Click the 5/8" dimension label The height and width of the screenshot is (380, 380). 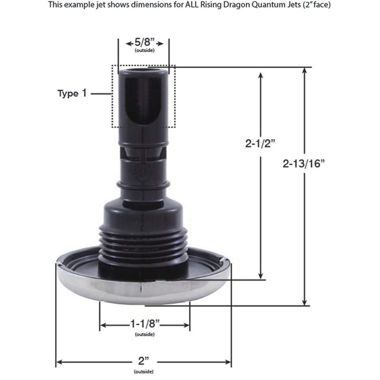coord(144,43)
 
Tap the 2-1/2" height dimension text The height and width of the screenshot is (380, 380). coord(260,144)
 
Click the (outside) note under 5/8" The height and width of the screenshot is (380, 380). coord(144,50)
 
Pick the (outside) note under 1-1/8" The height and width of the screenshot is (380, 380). coord(145,335)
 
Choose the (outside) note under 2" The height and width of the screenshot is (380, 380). coord(143,372)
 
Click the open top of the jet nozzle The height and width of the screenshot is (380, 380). coord(143,70)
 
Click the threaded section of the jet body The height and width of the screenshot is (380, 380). coord(143,242)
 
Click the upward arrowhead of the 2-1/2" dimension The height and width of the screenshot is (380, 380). coord(260,75)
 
